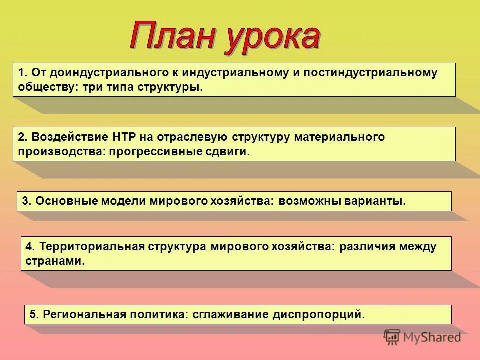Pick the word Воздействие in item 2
(x=63, y=137)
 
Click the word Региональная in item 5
(x=83, y=315)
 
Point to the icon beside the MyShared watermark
(x=392, y=337)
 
